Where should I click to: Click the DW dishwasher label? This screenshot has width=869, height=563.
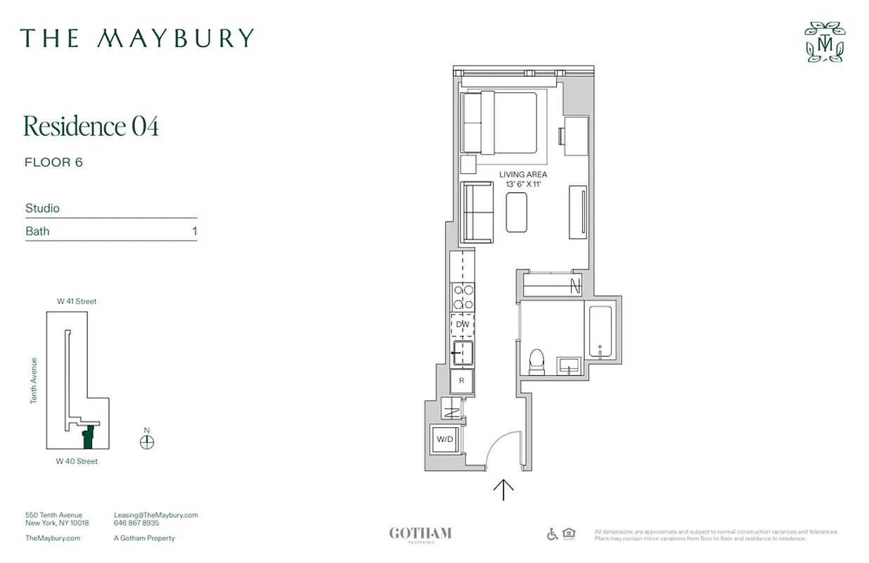click(x=463, y=324)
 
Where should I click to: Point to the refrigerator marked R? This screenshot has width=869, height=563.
click(x=462, y=381)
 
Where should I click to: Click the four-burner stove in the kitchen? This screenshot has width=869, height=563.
click(x=463, y=296)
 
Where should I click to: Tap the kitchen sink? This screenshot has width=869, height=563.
click(x=463, y=352)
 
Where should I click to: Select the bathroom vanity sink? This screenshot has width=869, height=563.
click(x=569, y=365)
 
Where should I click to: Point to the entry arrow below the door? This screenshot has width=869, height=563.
click(x=503, y=490)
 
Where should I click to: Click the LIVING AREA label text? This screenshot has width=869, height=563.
click(x=523, y=175)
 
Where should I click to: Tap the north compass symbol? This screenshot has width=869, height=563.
click(x=147, y=441)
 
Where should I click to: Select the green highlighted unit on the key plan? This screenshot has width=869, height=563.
click(x=88, y=438)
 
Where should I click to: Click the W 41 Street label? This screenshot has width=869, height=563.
click(x=77, y=301)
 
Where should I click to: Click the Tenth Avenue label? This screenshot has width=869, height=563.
click(x=33, y=381)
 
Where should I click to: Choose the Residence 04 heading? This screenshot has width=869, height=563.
click(x=91, y=126)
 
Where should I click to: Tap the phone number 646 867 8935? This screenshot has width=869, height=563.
click(x=136, y=524)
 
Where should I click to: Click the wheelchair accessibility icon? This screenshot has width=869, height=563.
click(x=553, y=534)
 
